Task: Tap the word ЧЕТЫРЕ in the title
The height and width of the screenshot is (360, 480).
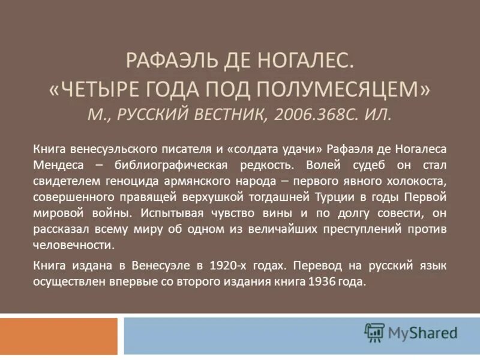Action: click(x=106, y=88)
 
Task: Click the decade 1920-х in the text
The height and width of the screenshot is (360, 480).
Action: click(x=227, y=265)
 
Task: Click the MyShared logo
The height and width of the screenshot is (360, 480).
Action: click(x=411, y=332)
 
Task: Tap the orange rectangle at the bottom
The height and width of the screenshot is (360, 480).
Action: click(x=59, y=335)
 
